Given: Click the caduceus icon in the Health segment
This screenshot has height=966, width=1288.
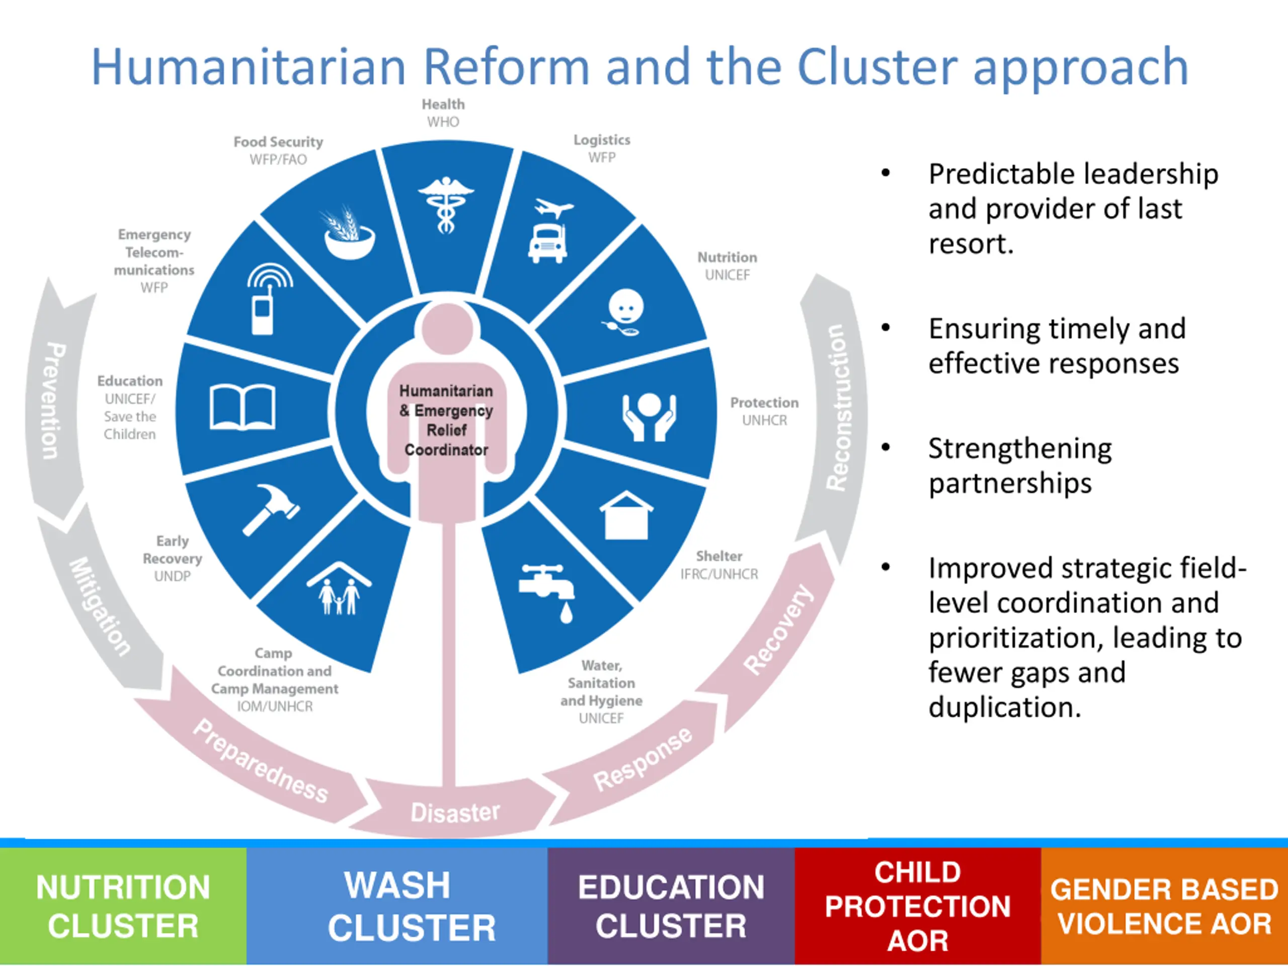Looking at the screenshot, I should click(x=446, y=205).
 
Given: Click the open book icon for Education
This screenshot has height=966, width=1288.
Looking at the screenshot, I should click(x=242, y=407).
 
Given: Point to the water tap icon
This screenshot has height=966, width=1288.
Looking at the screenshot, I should click(x=548, y=588).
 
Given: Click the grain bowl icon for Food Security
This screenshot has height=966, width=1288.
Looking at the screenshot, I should click(x=349, y=233).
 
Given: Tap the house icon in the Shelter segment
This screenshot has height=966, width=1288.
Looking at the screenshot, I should click(x=626, y=515).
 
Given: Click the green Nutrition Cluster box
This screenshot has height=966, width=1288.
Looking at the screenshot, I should click(x=123, y=906).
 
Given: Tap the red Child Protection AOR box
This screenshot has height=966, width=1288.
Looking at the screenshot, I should click(x=917, y=906).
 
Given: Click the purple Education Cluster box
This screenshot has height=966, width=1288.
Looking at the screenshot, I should click(x=671, y=906).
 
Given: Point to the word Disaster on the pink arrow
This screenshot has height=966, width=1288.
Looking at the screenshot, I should click(x=455, y=812).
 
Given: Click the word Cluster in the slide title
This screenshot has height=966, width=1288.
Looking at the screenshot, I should click(x=877, y=67).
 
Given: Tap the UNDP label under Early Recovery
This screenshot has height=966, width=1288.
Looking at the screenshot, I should click(x=173, y=576).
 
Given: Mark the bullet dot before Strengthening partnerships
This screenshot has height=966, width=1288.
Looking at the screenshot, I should click(x=886, y=448).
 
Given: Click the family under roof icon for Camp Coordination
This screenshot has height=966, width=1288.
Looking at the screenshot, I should click(x=340, y=589).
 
